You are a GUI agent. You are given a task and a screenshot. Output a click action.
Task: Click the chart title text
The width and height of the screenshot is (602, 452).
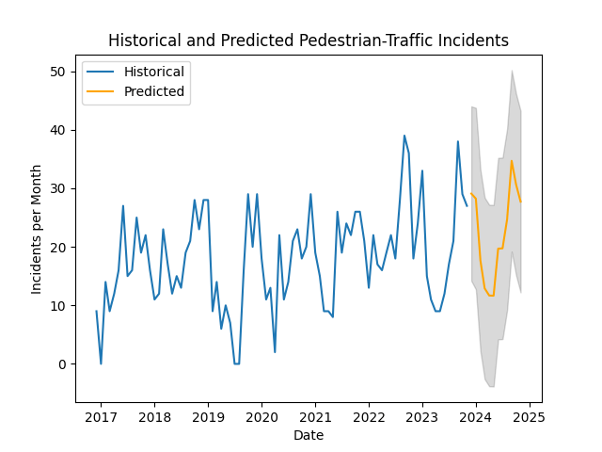[309, 40]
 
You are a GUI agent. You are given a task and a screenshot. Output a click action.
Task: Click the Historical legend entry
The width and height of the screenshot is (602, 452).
[154, 72]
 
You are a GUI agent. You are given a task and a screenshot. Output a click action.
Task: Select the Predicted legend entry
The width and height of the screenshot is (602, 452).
[154, 92]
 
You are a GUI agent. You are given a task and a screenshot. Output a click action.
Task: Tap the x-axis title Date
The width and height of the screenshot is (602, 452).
[309, 436]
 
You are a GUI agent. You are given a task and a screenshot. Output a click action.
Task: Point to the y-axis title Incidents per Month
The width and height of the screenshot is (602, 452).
[37, 229]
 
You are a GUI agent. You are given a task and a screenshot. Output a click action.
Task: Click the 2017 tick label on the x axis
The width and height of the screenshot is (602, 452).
[101, 417]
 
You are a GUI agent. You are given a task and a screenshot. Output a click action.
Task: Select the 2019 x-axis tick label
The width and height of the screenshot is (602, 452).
[208, 417]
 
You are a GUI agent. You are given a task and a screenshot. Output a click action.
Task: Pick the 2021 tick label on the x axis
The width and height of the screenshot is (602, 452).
[315, 417]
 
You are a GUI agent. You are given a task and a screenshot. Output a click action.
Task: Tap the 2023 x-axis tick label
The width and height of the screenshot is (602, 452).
[422, 417]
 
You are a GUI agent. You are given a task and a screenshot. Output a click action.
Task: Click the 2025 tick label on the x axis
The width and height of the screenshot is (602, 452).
[530, 417]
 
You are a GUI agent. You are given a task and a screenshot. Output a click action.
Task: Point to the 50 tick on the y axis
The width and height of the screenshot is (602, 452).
[58, 72]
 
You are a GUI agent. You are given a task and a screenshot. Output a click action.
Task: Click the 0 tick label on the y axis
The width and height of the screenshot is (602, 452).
[62, 364]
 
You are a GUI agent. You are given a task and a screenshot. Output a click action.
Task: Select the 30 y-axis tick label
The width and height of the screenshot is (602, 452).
[58, 188]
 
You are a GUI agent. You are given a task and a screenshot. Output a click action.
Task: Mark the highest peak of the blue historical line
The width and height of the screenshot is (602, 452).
[404, 136]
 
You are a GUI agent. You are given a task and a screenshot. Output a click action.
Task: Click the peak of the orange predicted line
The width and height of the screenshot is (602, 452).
[512, 161]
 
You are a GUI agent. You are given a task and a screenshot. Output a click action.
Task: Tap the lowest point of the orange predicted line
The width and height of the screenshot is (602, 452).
[491, 296]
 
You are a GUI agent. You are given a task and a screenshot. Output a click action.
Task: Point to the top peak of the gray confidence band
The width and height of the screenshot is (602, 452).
[512, 71]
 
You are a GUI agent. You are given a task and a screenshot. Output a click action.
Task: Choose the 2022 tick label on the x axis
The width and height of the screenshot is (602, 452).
[369, 417]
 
